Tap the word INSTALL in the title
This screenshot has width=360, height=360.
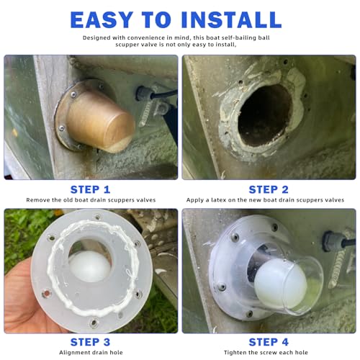(231, 19)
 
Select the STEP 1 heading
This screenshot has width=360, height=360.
(90, 189)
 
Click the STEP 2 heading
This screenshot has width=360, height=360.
(269, 189)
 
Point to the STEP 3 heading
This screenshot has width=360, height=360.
(90, 342)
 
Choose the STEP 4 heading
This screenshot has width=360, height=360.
(269, 342)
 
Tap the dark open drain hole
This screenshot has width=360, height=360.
(264, 115)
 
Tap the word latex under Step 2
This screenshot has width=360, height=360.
(219, 200)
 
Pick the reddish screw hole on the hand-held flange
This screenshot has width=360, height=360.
(46, 293)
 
